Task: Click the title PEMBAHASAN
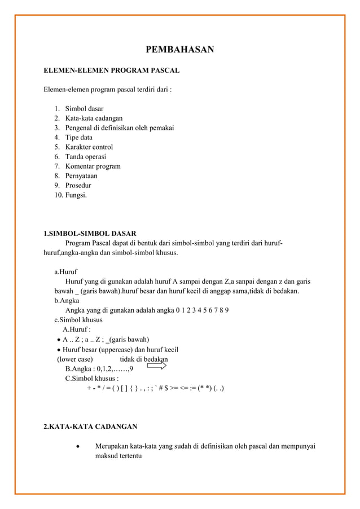[x=179, y=50]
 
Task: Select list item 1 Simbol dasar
[x=84, y=108]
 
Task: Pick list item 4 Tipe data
[x=78, y=137]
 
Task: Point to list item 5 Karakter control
[x=89, y=147]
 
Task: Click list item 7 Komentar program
[x=93, y=166]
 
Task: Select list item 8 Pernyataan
[x=81, y=175]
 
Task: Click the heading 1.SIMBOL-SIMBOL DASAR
[x=90, y=233]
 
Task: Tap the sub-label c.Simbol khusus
[x=78, y=319]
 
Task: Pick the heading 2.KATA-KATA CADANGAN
[x=90, y=426]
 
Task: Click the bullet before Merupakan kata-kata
[x=77, y=446]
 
